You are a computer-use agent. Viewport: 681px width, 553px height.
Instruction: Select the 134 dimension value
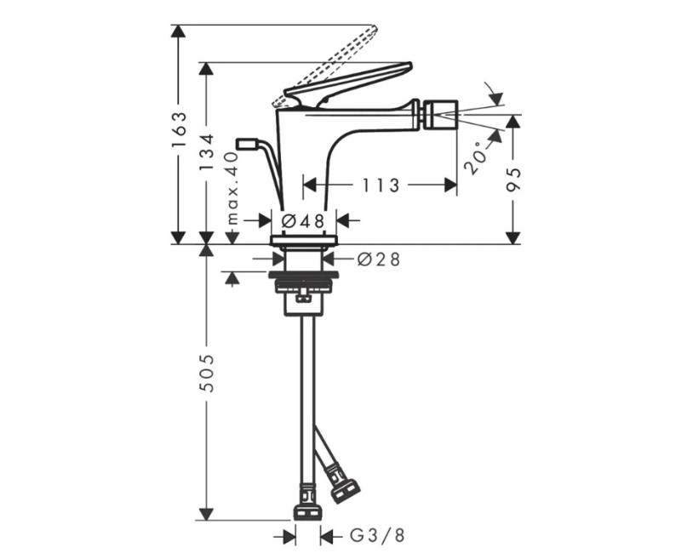207,151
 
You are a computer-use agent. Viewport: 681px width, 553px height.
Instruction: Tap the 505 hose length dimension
208,373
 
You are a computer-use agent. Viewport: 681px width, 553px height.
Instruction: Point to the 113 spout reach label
381,185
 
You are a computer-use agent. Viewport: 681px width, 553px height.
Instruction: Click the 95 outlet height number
514,180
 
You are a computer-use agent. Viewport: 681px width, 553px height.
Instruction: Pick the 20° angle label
474,157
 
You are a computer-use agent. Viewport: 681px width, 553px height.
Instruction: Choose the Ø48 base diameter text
303,221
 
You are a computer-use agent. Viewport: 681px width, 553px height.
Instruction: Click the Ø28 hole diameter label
378,259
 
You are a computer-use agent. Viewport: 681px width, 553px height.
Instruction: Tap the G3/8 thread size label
377,536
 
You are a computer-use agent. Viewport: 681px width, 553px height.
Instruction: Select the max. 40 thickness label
233,187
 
